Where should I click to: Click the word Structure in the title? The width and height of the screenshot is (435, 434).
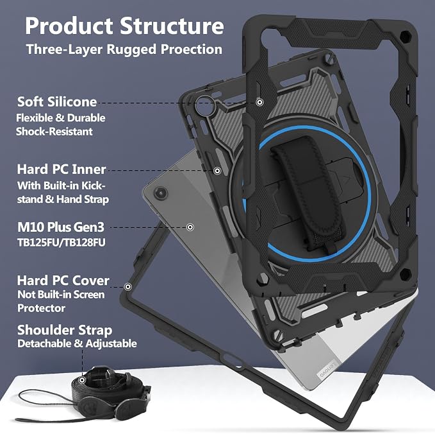tap(172, 26)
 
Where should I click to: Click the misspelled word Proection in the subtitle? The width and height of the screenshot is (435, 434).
tap(192, 49)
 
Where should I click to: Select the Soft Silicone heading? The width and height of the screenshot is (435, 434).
tap(57, 101)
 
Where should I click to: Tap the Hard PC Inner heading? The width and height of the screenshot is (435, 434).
tap(62, 169)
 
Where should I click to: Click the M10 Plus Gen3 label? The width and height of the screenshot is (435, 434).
tap(61, 227)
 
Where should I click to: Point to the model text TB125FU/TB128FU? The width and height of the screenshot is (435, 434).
tap(62, 243)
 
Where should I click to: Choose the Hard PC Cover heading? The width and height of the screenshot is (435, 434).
tap(63, 281)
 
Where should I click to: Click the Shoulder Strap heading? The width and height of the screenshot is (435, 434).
tap(65, 330)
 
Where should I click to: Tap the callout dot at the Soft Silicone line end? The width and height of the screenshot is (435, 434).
tap(259, 102)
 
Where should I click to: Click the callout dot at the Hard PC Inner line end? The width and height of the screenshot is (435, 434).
tap(217, 171)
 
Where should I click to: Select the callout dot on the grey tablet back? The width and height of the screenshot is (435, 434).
tap(190, 227)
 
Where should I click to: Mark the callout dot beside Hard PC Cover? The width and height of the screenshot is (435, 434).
tap(128, 286)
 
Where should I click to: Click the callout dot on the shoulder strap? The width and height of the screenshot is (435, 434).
tap(82, 380)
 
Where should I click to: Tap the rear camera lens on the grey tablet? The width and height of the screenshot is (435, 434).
tap(161, 193)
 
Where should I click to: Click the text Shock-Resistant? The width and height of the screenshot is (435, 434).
tap(54, 132)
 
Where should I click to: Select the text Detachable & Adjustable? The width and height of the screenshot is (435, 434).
tap(77, 343)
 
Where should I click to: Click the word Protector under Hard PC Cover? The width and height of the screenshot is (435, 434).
tap(42, 308)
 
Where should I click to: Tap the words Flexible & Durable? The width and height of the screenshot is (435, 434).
tap(61, 118)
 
